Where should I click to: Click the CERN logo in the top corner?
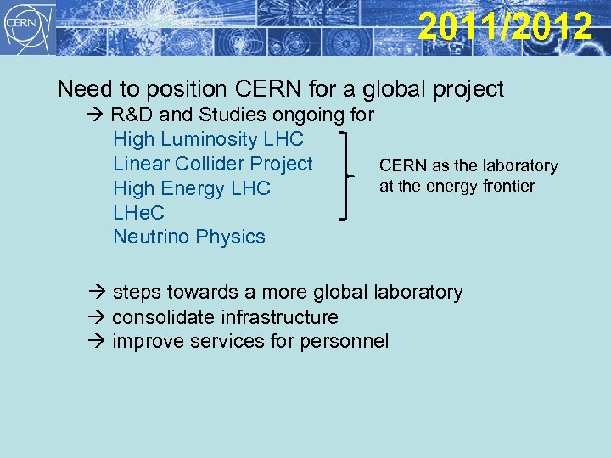tap(26, 28)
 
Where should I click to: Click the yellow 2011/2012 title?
tap(505, 26)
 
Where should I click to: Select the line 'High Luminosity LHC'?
tap(208, 139)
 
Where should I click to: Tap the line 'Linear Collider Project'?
tap(213, 164)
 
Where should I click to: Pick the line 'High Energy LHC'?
tap(192, 188)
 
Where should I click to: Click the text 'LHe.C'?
tap(139, 213)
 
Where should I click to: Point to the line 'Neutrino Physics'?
tap(189, 237)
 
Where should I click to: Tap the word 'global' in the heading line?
tap(404, 89)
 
